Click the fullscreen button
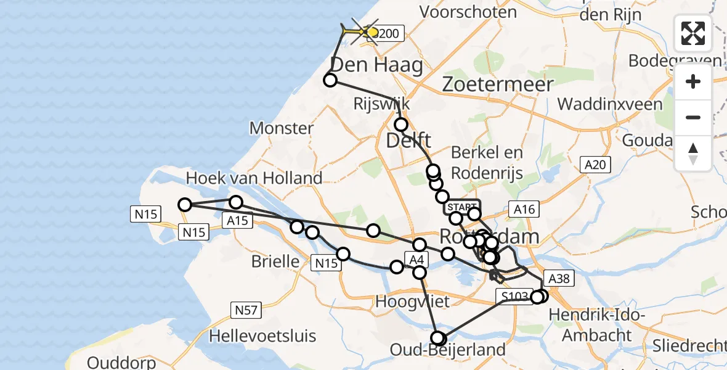(x=693, y=33)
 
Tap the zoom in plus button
(x=693, y=81)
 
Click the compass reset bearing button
(x=693, y=154)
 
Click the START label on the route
(x=461, y=207)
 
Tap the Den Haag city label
(x=377, y=65)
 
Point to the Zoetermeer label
(x=497, y=84)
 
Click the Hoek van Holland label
(x=254, y=178)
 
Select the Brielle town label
(x=275, y=261)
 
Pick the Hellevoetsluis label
(x=262, y=336)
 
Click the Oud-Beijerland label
(x=448, y=350)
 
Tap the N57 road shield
(x=244, y=310)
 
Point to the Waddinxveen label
(x=612, y=103)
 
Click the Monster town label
(x=282, y=128)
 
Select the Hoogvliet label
(x=412, y=302)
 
